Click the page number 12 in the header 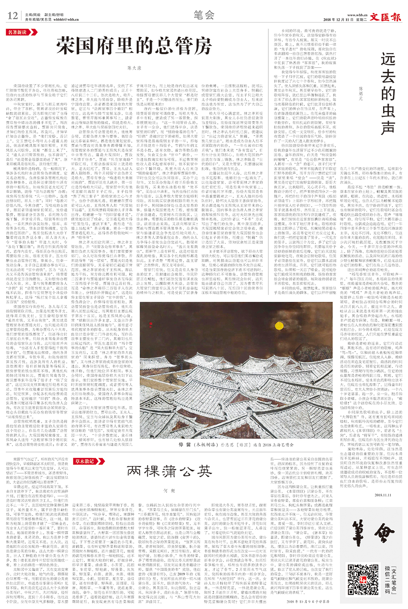(13, 16)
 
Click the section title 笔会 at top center (204, 16)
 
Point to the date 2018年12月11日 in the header (338, 20)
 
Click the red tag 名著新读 (18, 32)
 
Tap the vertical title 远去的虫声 (388, 94)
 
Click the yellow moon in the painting (279, 326)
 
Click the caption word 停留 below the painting (185, 444)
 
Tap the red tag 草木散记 (84, 461)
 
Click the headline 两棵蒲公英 (169, 471)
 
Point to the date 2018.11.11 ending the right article (383, 495)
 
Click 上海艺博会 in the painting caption (271, 444)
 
